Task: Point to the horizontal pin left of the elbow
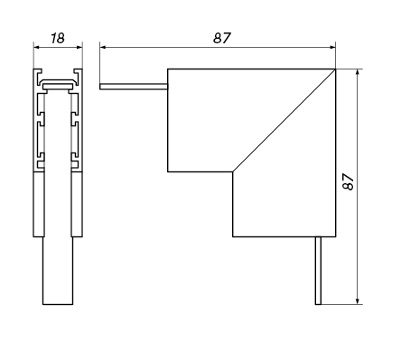pos(134,87)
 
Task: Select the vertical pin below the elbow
pos(318,270)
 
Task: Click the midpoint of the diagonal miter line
pos(284,119)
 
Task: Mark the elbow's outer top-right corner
pos(335,69)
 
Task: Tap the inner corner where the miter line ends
pos(233,171)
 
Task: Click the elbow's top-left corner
pos(168,69)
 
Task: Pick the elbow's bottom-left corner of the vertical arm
pos(233,236)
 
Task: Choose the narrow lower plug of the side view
pos(58,271)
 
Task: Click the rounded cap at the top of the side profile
pos(58,82)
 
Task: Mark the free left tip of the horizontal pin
pos(101,87)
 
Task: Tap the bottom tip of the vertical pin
pos(318,303)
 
